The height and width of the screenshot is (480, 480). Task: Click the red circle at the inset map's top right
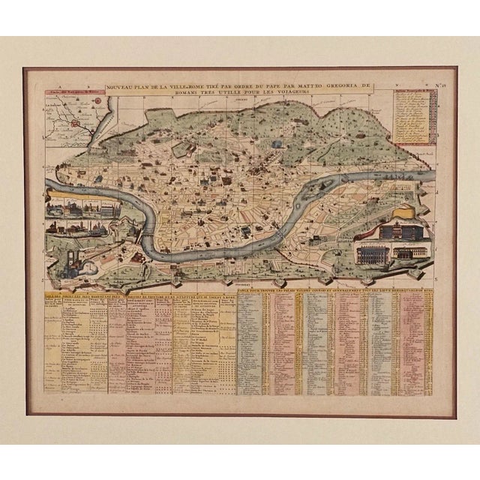[x=98, y=99]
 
